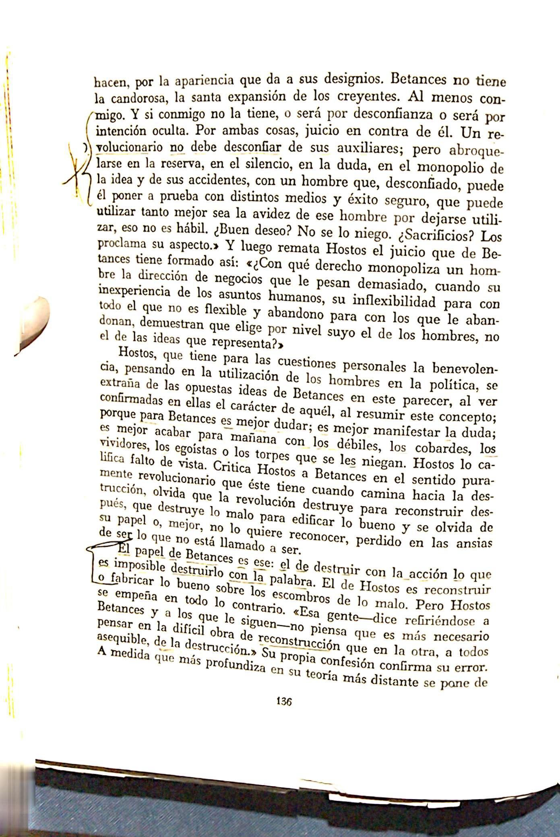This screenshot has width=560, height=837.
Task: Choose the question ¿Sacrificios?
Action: pyautogui.click(x=439, y=234)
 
